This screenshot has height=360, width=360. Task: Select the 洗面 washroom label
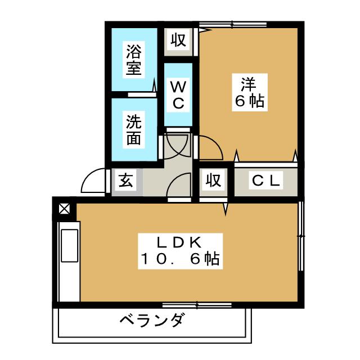pyautogui.click(x=133, y=130)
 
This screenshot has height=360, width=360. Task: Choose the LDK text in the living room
pyautogui.click(x=179, y=242)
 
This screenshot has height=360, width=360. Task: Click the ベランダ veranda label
pyautogui.click(x=151, y=321)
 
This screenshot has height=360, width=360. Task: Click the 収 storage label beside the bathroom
pyautogui.click(x=178, y=40)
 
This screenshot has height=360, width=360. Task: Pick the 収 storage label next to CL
pyautogui.click(x=212, y=181)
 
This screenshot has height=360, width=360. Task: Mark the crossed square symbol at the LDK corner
pyautogui.click(x=64, y=209)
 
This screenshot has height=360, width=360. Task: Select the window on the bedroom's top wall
pyautogui.click(x=225, y=24)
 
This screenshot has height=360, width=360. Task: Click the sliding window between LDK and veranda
pyautogui.click(x=197, y=305)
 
